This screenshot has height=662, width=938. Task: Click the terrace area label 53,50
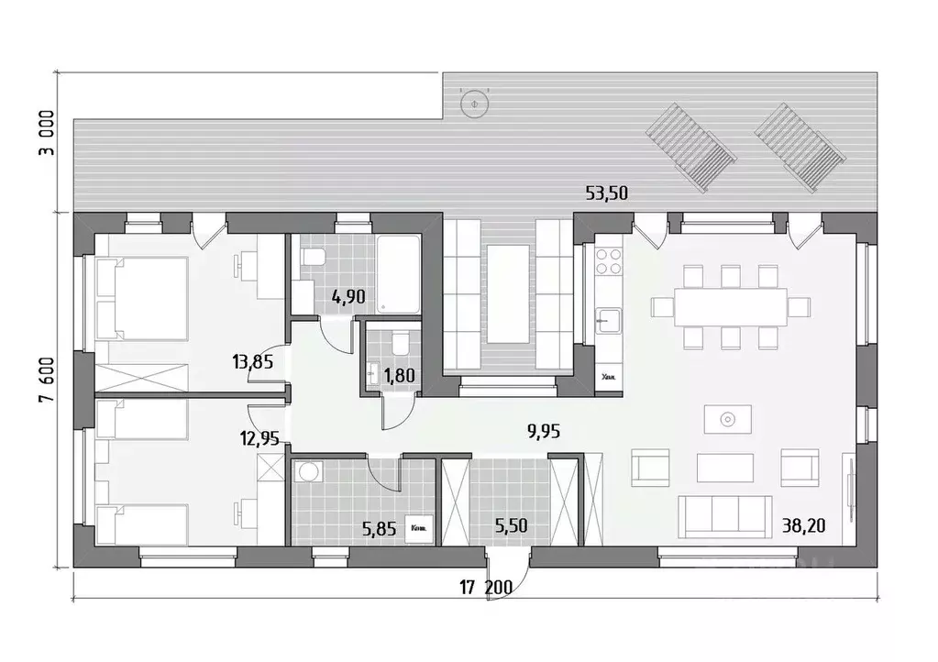[x=607, y=193]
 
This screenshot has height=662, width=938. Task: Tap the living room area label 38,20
[x=804, y=526]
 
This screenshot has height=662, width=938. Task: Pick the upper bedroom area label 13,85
[x=253, y=362]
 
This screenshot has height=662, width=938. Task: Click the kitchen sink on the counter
[x=607, y=321]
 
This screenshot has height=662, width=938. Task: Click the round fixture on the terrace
[x=474, y=105]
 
